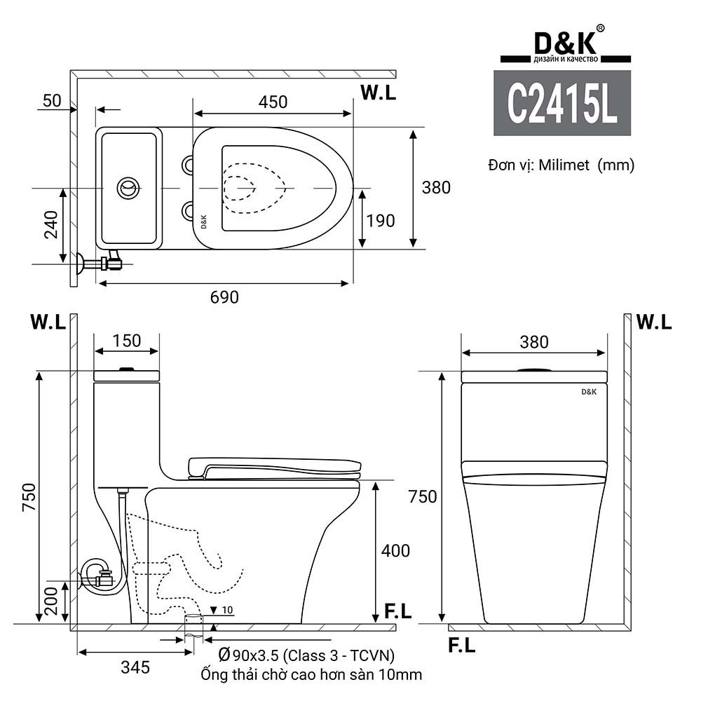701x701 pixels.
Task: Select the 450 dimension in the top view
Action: click(273, 102)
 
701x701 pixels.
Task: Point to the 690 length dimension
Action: click(225, 297)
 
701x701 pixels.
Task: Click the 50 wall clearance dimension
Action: click(52, 100)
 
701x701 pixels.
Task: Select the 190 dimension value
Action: click(381, 221)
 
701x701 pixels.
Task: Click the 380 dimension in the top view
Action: click(436, 187)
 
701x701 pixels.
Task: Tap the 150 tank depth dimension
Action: click(127, 341)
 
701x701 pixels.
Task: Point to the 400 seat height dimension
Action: click(395, 551)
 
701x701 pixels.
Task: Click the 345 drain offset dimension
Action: click(135, 667)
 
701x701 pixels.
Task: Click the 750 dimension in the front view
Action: click(423, 496)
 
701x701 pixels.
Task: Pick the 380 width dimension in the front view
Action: click(534, 342)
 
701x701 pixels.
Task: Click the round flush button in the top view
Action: click(128, 188)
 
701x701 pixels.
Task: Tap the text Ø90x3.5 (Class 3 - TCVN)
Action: click(306, 655)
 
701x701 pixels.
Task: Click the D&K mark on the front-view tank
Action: click(589, 393)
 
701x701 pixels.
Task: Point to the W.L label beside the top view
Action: click(379, 93)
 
